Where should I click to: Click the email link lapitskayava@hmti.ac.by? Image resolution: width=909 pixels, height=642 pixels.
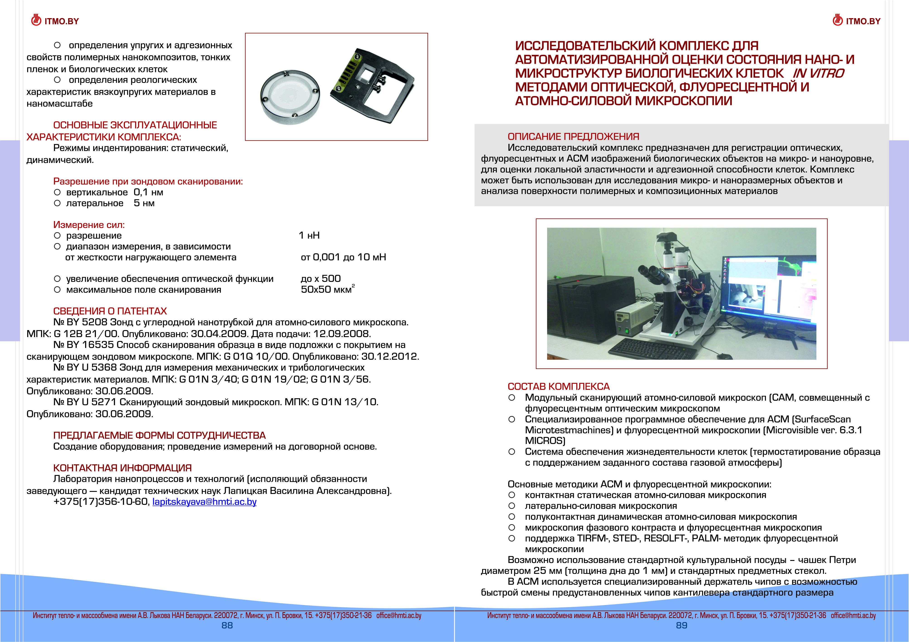tap(204, 502)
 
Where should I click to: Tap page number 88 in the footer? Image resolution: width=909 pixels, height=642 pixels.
tap(227, 625)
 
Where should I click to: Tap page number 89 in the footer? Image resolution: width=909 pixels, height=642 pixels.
tap(681, 625)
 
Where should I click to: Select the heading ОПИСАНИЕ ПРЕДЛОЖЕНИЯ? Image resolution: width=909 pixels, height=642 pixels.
tap(573, 137)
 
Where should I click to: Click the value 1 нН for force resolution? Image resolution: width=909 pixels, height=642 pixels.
tap(309, 235)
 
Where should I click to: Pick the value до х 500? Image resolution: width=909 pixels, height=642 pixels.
tap(321, 278)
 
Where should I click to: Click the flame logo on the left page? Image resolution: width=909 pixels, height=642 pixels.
tap(36, 20)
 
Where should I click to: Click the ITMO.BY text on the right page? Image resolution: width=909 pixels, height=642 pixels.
tap(863, 21)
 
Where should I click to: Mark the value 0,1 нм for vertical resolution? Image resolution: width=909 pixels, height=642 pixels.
tap(148, 192)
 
